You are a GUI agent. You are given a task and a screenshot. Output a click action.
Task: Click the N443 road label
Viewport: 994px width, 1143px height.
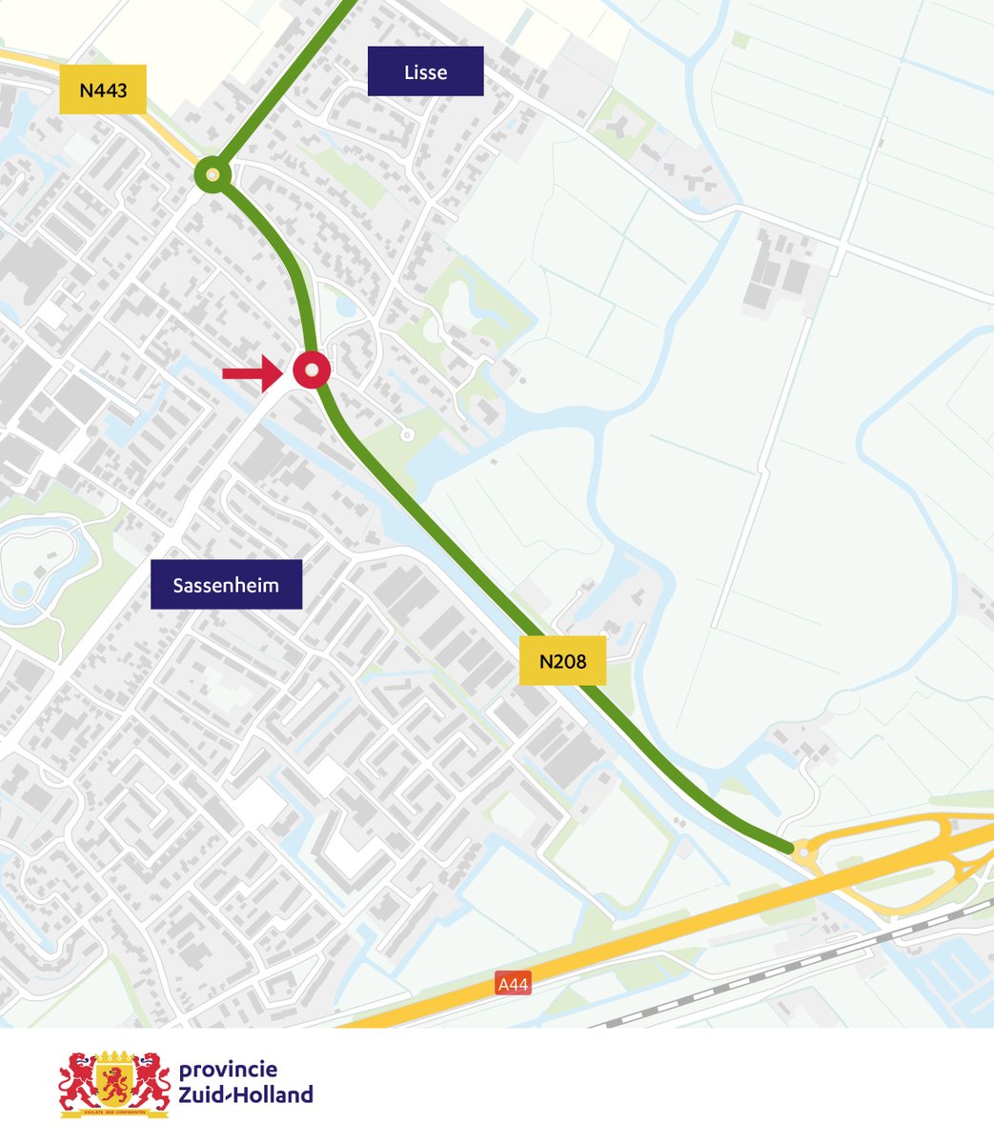(x=103, y=90)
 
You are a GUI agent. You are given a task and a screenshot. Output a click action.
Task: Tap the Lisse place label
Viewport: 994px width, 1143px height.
(x=425, y=71)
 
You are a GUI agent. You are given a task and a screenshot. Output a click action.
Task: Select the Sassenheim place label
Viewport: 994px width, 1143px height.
(x=226, y=585)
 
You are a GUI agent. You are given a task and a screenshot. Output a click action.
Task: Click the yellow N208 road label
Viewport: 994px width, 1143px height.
(x=562, y=661)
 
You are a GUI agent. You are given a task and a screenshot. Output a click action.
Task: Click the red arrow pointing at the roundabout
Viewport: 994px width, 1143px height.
(x=253, y=373)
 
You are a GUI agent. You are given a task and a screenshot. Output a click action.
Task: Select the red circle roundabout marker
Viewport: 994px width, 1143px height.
(x=312, y=370)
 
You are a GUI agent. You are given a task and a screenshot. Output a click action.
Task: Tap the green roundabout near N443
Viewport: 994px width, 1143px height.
(x=213, y=175)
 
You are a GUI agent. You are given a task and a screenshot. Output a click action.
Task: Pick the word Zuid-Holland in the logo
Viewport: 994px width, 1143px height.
(x=246, y=1094)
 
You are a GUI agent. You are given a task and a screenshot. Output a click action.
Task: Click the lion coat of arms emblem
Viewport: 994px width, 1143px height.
(x=114, y=1084)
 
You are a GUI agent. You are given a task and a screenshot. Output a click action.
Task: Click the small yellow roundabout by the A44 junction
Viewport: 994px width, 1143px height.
(x=805, y=852)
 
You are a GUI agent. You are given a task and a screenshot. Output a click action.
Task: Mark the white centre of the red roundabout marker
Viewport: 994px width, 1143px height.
(x=312, y=370)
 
